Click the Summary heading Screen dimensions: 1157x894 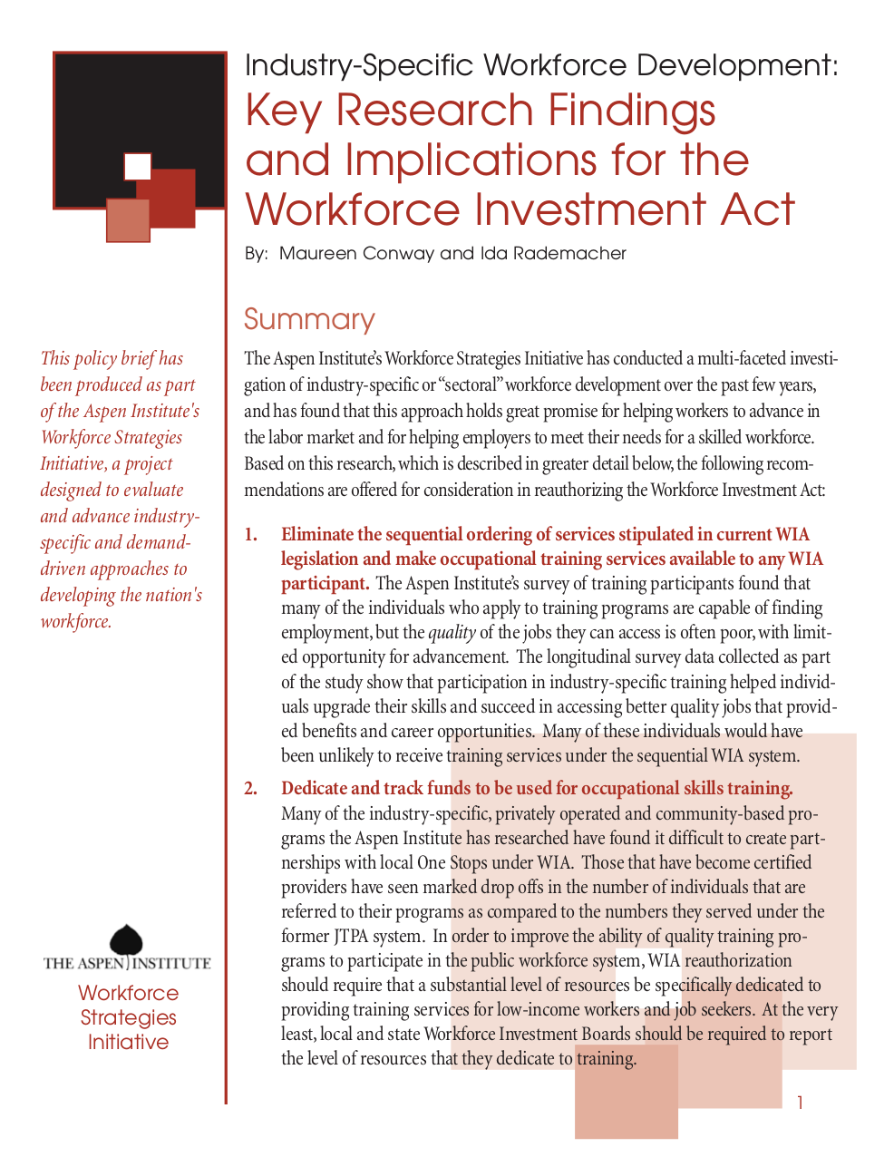(x=309, y=319)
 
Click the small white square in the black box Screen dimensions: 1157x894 (x=137, y=167)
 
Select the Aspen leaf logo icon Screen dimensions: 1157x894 (x=126, y=940)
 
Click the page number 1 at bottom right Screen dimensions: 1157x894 (x=800, y=1103)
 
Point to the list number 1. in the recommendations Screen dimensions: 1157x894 (x=251, y=535)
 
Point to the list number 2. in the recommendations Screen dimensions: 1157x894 (x=251, y=789)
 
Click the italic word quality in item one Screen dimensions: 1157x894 (x=452, y=633)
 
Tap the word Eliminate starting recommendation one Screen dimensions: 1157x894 (x=317, y=535)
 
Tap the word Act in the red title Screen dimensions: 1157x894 (x=757, y=210)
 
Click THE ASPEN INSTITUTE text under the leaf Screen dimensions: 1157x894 (x=127, y=964)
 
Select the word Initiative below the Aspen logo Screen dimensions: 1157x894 (x=128, y=1043)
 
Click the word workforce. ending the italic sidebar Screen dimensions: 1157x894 (x=76, y=622)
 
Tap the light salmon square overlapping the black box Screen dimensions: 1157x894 (x=127, y=220)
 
